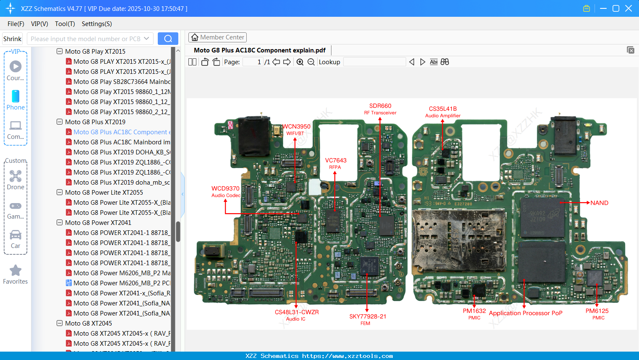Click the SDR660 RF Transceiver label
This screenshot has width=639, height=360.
pyautogui.click(x=380, y=109)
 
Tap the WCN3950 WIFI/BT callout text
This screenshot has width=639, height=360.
pyautogui.click(x=296, y=129)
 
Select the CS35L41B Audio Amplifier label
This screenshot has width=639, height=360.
pyautogui.click(x=443, y=112)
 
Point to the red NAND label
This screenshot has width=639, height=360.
pyautogui.click(x=599, y=203)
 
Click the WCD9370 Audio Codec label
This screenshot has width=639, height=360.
pyautogui.click(x=226, y=191)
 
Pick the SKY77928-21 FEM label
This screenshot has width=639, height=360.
pyautogui.click(x=368, y=319)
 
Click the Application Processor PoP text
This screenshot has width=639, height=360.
pyautogui.click(x=525, y=313)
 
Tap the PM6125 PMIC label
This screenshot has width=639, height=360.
pyautogui.click(x=597, y=314)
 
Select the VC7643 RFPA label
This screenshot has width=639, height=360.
pyautogui.click(x=336, y=163)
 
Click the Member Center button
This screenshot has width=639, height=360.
pyautogui.click(x=217, y=37)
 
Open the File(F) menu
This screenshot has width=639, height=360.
pyautogui.click(x=16, y=24)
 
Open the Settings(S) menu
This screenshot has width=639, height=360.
pyautogui.click(x=97, y=24)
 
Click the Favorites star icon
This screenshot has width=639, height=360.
pyautogui.click(x=16, y=271)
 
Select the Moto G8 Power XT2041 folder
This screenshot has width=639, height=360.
pyautogui.click(x=98, y=223)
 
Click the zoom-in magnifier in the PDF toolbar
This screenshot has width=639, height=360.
pyautogui.click(x=300, y=62)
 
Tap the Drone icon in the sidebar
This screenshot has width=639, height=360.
pyautogui.click(x=16, y=177)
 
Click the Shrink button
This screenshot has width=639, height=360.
pyautogui.click(x=13, y=39)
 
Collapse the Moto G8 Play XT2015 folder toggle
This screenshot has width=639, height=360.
pyautogui.click(x=60, y=52)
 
